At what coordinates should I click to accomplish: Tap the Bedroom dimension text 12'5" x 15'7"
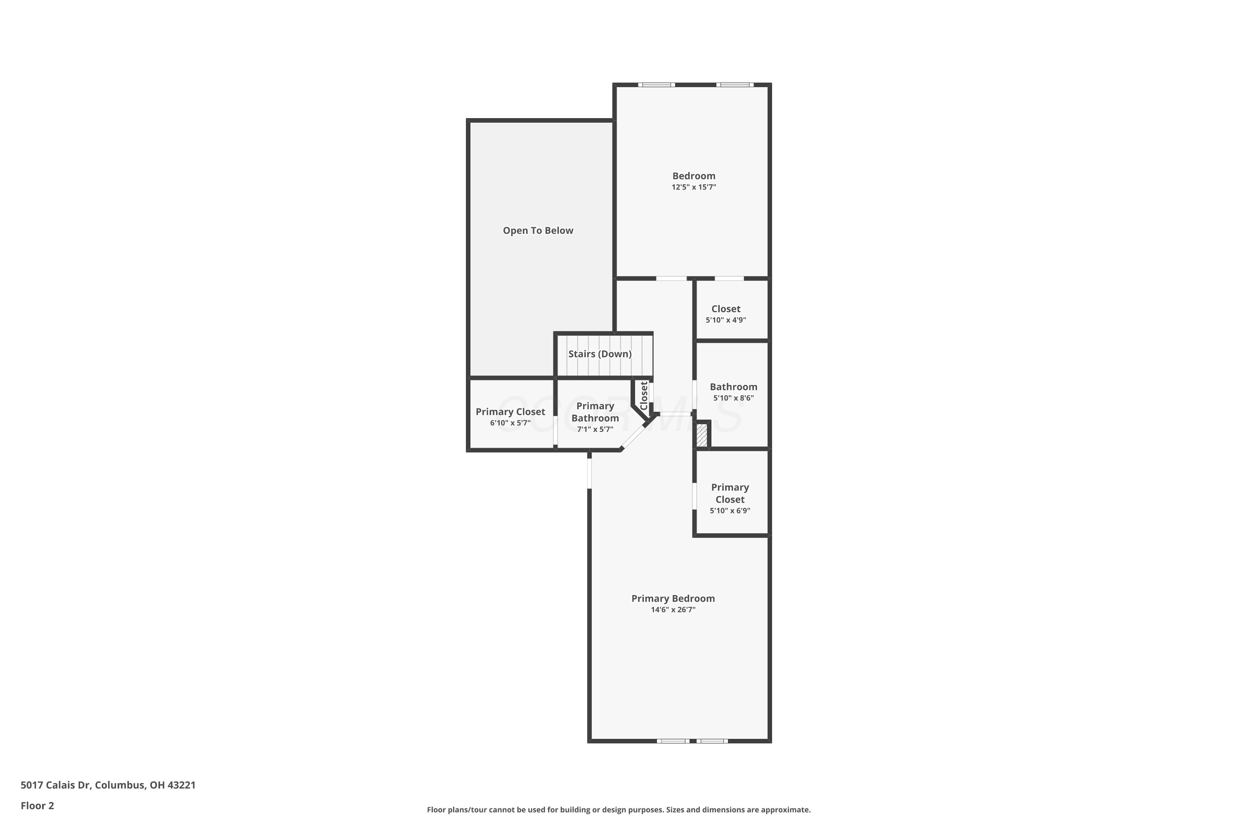pos(694,187)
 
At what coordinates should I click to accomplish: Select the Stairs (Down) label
pos(600,354)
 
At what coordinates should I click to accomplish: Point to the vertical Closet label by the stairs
pos(644,396)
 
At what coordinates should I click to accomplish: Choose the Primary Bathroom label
pos(595,412)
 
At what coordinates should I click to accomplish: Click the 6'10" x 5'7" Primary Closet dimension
pos(510,423)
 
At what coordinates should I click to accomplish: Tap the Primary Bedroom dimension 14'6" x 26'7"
pos(673,610)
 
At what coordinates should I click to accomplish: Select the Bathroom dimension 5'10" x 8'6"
pos(734,398)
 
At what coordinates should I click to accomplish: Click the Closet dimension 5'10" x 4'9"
pos(726,320)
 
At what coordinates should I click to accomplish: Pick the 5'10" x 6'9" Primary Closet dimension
pos(730,511)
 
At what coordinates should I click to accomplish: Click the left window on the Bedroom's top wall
pos(657,85)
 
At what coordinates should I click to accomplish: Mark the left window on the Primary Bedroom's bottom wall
pos(673,741)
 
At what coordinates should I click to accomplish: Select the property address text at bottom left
pos(108,785)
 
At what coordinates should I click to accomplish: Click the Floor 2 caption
pos(38,805)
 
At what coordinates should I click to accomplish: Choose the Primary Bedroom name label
pos(673,598)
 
